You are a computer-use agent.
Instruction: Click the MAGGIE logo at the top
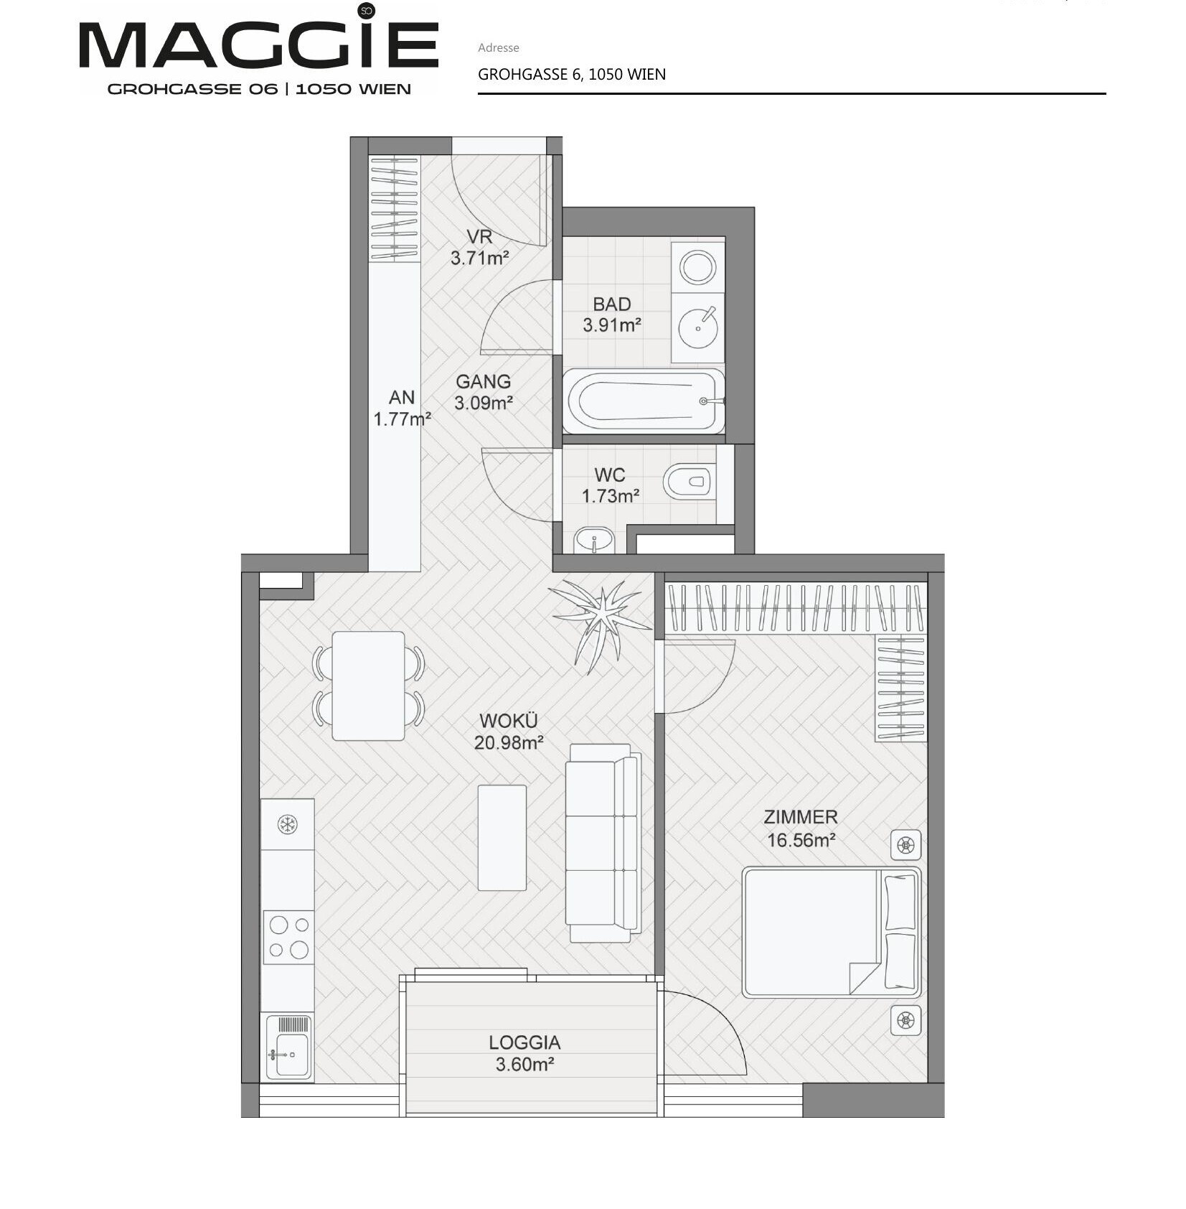(258, 49)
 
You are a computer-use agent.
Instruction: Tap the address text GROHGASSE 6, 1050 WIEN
(572, 75)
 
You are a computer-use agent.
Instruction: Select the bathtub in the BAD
(644, 401)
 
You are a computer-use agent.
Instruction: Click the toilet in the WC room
(690, 481)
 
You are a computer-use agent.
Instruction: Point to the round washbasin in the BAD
(697, 327)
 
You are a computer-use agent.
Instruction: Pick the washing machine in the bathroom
(697, 267)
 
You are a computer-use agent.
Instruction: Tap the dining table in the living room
(368, 686)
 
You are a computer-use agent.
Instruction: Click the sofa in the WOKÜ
(603, 843)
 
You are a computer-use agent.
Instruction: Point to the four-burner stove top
(288, 937)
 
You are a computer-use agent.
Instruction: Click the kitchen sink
(289, 1047)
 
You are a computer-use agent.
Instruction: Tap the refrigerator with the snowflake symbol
(287, 824)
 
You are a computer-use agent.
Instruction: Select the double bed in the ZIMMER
(831, 933)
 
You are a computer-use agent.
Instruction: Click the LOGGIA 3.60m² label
(524, 1053)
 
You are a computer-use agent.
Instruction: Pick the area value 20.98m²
(508, 743)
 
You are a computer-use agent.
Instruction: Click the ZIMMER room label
(801, 817)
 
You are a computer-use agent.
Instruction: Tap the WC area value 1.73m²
(611, 496)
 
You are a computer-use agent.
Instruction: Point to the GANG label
(484, 382)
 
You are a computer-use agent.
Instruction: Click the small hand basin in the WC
(594, 540)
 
